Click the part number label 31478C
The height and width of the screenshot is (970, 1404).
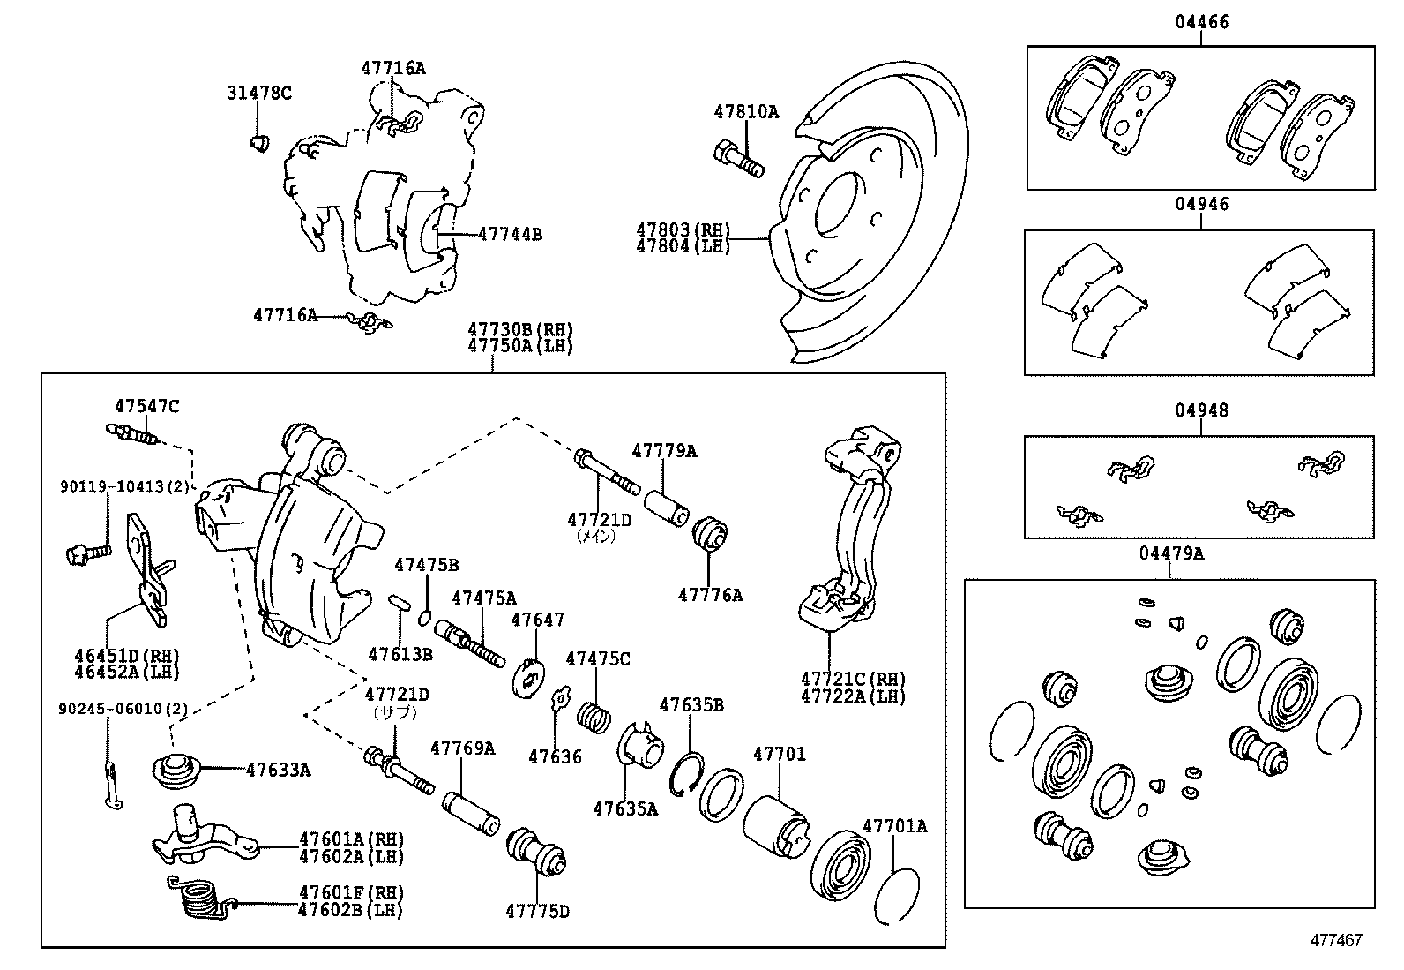click(x=258, y=93)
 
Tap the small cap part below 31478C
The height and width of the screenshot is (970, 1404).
click(x=259, y=142)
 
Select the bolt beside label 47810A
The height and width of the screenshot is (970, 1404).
click(x=736, y=160)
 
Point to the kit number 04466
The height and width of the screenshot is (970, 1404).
click(x=1200, y=22)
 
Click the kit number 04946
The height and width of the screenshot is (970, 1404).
click(x=1200, y=204)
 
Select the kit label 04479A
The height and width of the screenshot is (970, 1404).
click(x=1171, y=553)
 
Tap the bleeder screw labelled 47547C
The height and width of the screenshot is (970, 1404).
click(x=132, y=434)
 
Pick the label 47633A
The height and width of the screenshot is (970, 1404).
click(x=278, y=770)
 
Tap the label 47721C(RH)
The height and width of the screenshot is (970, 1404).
click(x=853, y=679)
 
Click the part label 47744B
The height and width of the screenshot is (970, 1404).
click(x=510, y=234)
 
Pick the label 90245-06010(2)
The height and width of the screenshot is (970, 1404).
click(x=123, y=709)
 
